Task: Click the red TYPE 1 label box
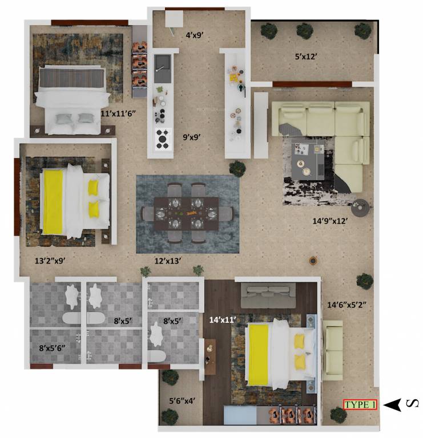click(x=360, y=404)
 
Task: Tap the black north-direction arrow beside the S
click(x=392, y=404)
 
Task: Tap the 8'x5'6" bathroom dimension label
click(x=53, y=347)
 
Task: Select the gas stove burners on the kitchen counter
click(x=163, y=137)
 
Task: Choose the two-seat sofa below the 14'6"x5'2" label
click(x=333, y=350)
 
